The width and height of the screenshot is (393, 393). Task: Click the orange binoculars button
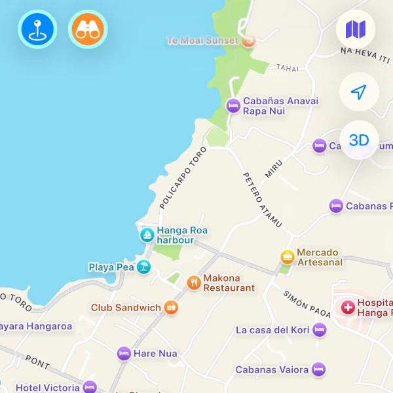point(87,29)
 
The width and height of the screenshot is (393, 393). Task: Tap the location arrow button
point(358,92)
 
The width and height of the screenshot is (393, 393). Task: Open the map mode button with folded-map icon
point(356,29)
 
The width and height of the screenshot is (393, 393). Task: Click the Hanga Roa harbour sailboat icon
point(147,234)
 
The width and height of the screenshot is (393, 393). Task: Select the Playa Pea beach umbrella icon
point(143,267)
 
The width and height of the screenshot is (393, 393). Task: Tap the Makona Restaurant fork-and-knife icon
point(193,282)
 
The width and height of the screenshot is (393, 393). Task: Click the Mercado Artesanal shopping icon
point(287,257)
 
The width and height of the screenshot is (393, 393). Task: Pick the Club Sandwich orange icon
point(170,307)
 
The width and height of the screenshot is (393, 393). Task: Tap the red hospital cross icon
point(347,306)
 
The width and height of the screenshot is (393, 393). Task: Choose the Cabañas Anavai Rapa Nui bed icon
point(233,105)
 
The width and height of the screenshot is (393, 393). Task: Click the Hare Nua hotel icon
point(124,354)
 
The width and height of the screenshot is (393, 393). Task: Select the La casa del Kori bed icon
point(319,329)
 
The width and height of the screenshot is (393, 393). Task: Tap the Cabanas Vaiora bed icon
point(318,369)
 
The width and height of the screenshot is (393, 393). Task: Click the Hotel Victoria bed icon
point(90,386)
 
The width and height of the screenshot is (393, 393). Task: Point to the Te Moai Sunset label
point(202,41)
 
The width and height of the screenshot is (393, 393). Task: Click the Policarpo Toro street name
point(183,177)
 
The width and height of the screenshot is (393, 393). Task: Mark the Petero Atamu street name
point(262,200)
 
